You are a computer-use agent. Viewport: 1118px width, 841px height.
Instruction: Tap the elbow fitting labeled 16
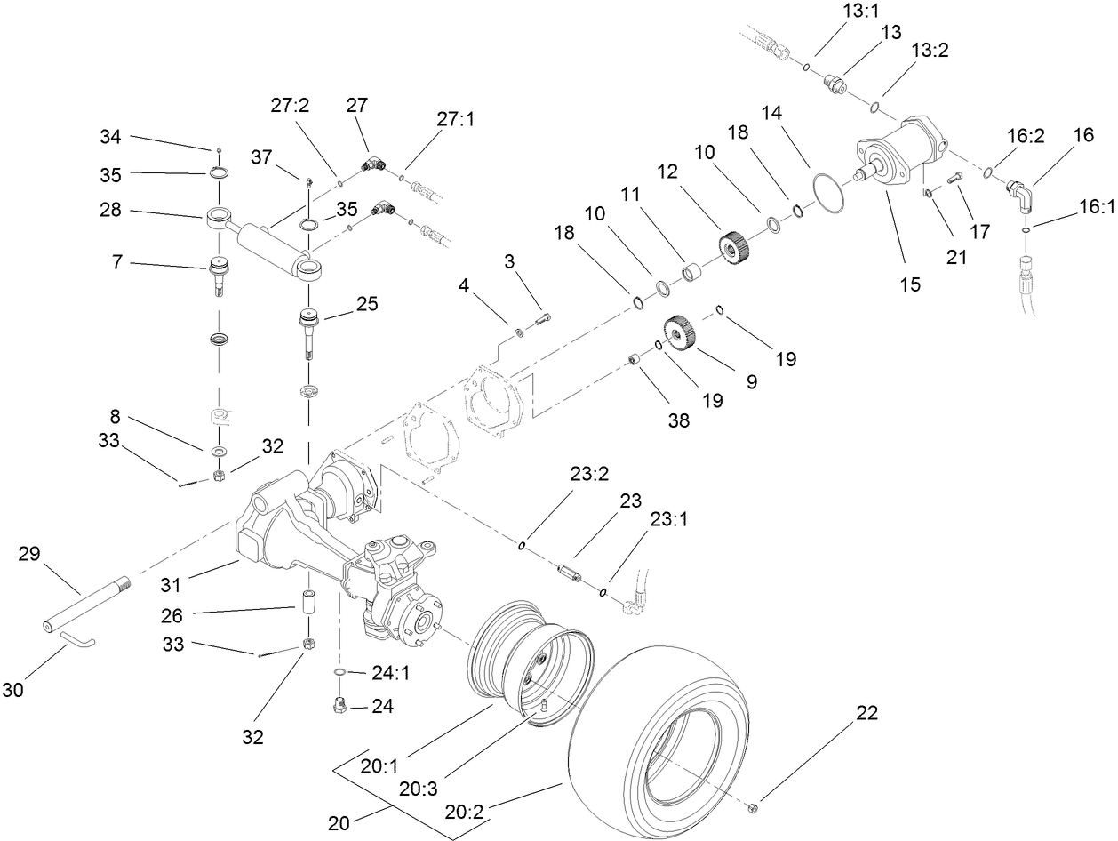(1018, 192)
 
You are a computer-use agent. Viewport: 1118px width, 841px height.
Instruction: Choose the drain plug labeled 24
(339, 707)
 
